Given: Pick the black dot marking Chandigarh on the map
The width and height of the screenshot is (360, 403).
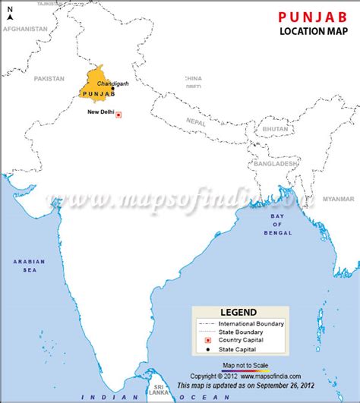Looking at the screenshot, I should tap(113, 89).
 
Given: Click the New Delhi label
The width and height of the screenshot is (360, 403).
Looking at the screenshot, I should tap(101, 112).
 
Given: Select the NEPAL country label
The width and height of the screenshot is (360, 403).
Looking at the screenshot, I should tap(197, 121).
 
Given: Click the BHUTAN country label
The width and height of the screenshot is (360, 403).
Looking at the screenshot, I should tap(275, 129).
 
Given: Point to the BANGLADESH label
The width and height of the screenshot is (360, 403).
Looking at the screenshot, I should tap(275, 164).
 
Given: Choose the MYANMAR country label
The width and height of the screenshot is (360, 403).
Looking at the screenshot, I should tap(338, 199).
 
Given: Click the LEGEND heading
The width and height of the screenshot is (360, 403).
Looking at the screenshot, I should tap(238, 312).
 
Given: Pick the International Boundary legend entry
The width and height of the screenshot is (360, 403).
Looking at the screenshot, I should tap(251, 324).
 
